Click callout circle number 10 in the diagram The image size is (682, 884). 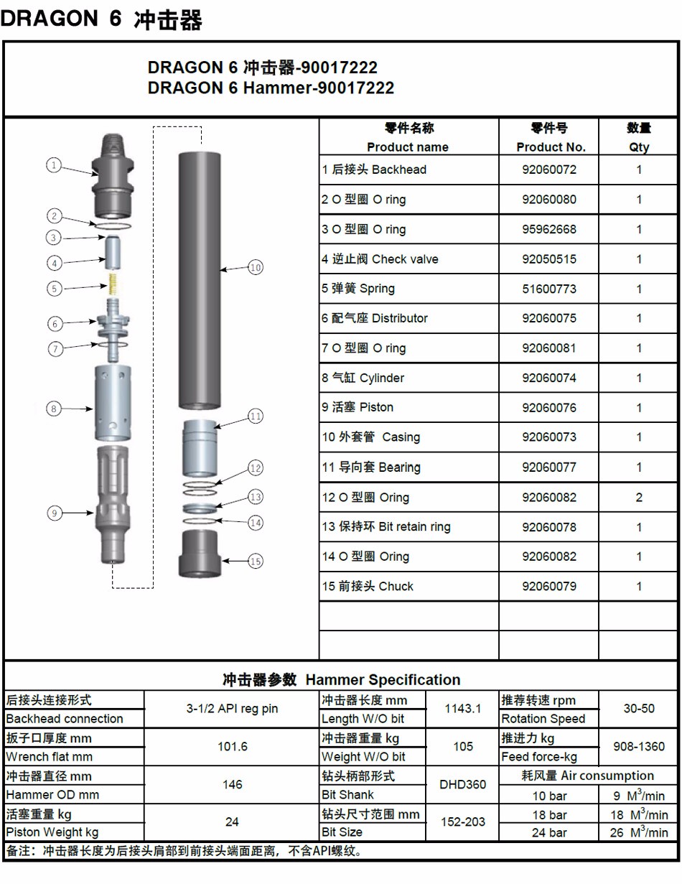click(256, 268)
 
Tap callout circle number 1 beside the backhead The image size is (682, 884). click(54, 165)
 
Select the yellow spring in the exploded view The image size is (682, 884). click(112, 284)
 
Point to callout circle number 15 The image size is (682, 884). click(256, 562)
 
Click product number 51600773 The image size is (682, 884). click(548, 289)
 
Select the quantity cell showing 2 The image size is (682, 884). click(639, 497)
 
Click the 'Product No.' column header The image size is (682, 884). click(551, 147)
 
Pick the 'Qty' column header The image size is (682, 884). click(639, 147)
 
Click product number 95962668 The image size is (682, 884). click(548, 230)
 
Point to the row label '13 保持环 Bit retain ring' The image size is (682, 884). click(386, 527)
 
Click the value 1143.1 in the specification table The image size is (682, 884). click(463, 709)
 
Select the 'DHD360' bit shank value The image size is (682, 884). click(463, 784)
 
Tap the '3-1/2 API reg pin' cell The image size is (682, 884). click(232, 709)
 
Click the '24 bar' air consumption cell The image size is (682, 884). click(549, 833)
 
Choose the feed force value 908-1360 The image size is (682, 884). click(639, 746)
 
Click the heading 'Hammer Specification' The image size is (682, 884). click(383, 679)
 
